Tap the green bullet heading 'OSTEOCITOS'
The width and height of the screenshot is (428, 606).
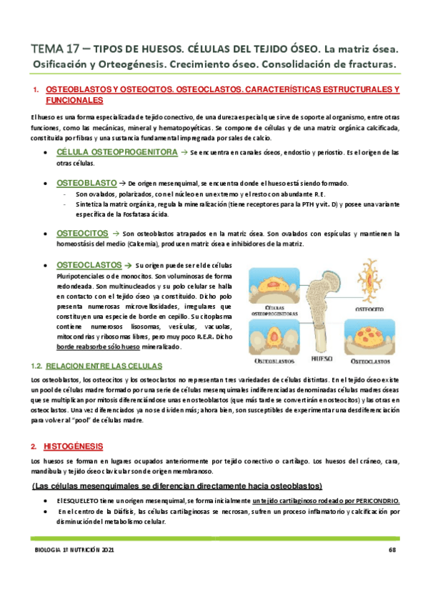pos(82,233)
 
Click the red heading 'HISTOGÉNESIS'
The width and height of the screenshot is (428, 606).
pos(74,446)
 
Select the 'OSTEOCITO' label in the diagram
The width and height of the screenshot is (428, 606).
pos(371,309)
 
